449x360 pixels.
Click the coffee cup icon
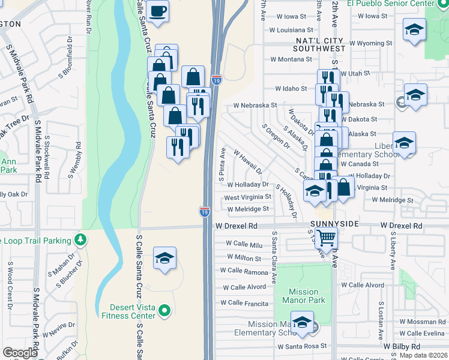[x=157, y=11]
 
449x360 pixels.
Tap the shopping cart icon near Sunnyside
[x=325, y=238]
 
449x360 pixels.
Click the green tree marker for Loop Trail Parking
[x=80, y=241]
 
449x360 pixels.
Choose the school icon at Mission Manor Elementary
[x=302, y=322]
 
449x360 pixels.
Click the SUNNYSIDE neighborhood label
[x=335, y=223]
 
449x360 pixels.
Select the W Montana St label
[x=291, y=59]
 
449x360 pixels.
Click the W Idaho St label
[x=291, y=88]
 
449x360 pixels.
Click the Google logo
[x=20, y=352]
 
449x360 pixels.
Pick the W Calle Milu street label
[x=244, y=244]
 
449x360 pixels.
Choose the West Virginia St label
[x=248, y=197]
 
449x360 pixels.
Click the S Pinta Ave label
[x=221, y=164]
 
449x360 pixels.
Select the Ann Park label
[x=8, y=165]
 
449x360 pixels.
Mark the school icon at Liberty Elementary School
[x=404, y=143]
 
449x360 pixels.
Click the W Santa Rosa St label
[x=301, y=346]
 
